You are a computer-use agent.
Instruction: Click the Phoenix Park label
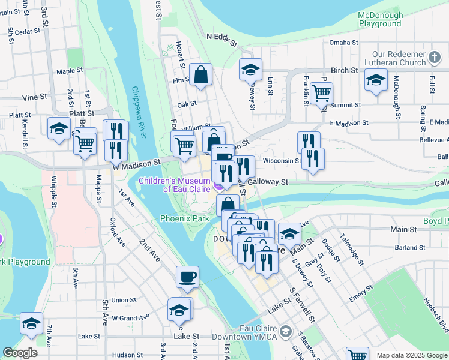coord(184,218)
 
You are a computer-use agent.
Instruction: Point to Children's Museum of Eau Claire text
coord(173,185)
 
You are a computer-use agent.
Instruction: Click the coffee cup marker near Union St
coord(187,277)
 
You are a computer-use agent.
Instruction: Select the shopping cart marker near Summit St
coord(322,93)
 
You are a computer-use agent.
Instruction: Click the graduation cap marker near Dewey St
coord(250,70)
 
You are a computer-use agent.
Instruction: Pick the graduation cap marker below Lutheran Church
coord(376,80)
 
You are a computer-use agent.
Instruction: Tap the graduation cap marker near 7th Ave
coord(31,323)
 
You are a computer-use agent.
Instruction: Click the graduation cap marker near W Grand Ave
coord(179,310)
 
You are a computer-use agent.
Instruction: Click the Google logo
coord(20,353)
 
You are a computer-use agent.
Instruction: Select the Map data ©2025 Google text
coord(412,355)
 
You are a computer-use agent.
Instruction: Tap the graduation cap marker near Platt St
coord(59,128)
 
